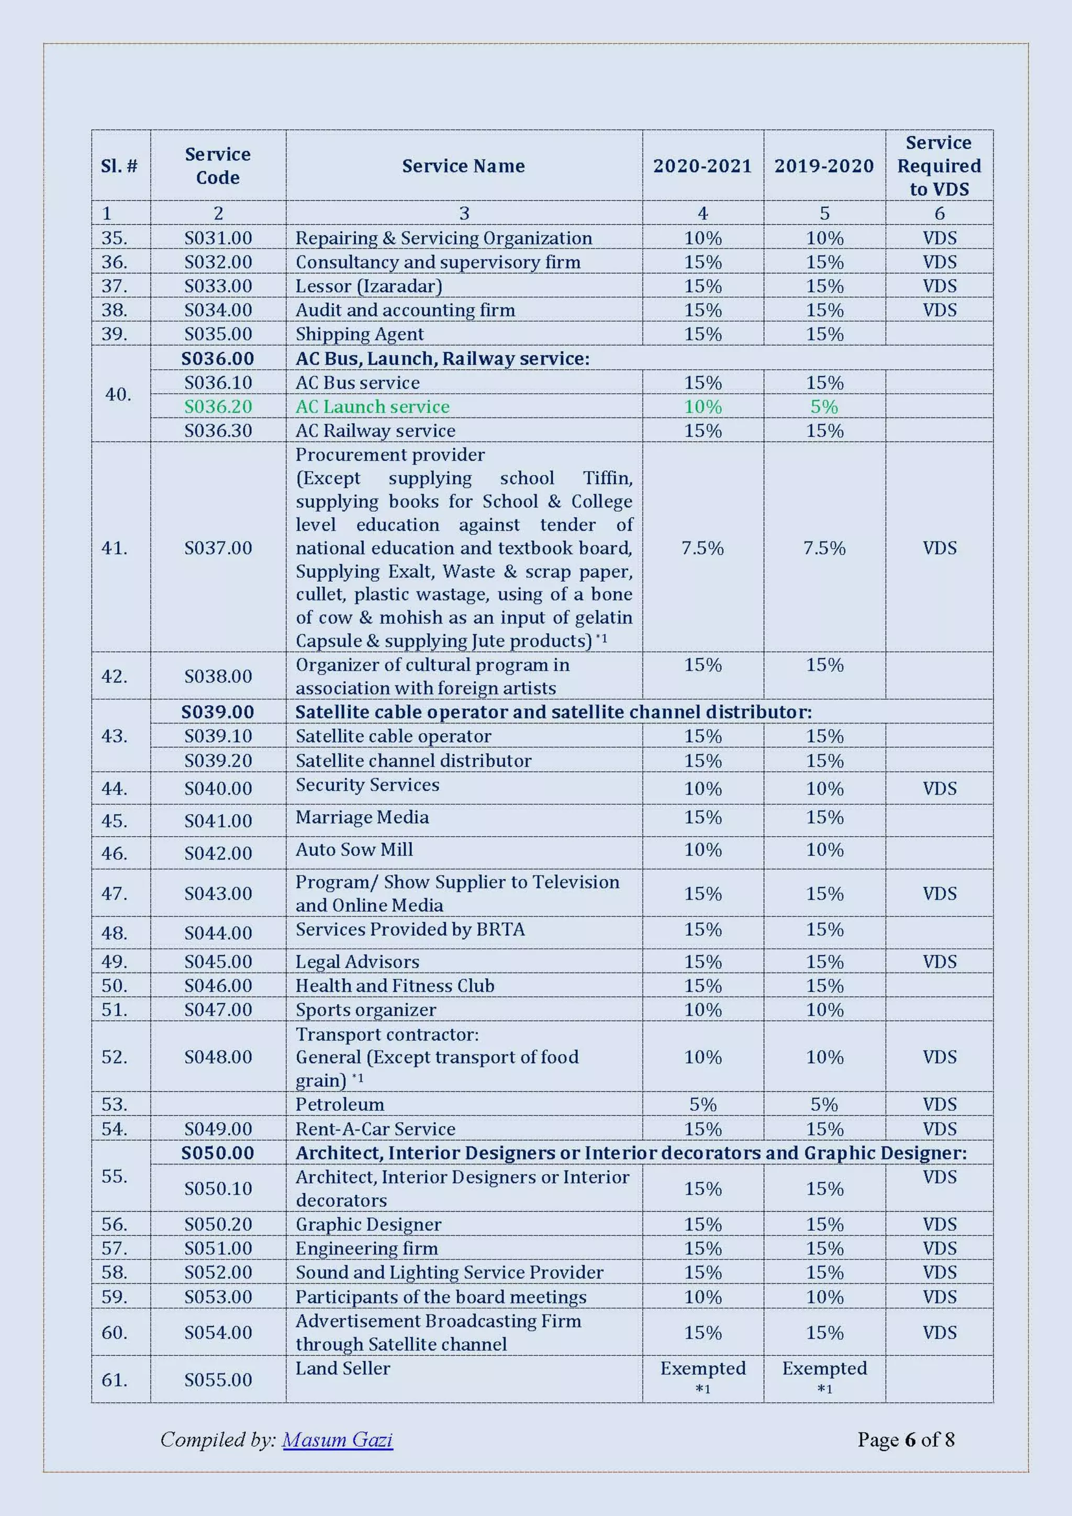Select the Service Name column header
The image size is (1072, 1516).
pos(463,165)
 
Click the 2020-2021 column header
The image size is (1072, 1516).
pos(702,165)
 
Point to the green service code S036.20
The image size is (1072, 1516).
pos(218,407)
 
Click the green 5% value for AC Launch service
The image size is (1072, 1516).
pos(824,407)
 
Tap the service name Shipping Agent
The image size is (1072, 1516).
pos(359,334)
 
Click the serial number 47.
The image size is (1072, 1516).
pos(114,893)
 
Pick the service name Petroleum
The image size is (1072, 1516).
pos(339,1104)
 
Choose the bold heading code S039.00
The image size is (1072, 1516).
pos(218,712)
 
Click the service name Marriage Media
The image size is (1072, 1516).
pos(362,817)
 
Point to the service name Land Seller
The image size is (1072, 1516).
pos(343,1368)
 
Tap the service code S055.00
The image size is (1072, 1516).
pos(218,1379)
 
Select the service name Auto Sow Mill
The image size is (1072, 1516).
pos(354,850)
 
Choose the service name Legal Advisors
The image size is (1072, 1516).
pos(357,962)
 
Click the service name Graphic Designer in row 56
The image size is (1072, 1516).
pos(368,1224)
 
